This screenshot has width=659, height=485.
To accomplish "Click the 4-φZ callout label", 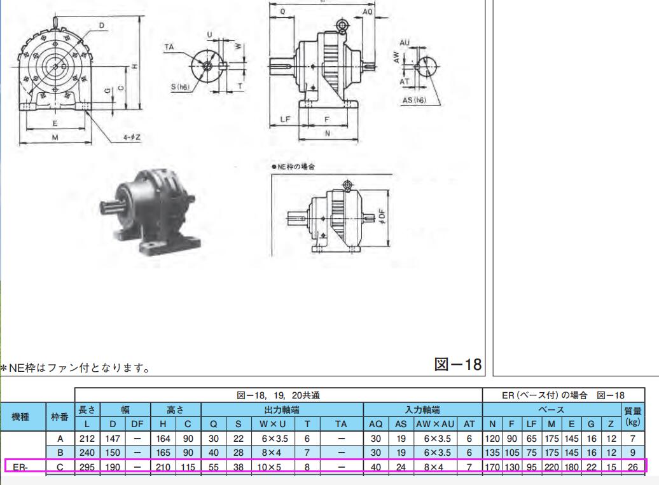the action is [132, 137].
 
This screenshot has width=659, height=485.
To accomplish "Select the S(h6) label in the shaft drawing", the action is [180, 87].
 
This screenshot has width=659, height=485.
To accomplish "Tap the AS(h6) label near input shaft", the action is [414, 100].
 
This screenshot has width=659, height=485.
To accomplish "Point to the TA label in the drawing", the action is [169, 47].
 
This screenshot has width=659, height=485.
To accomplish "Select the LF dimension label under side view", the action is [286, 120].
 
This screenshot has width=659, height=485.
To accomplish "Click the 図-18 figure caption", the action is [458, 364].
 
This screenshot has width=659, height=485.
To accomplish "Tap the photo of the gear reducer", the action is [149, 211].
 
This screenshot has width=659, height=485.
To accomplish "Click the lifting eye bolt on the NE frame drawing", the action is [347, 185].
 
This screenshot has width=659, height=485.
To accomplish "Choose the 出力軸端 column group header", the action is [282, 409].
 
